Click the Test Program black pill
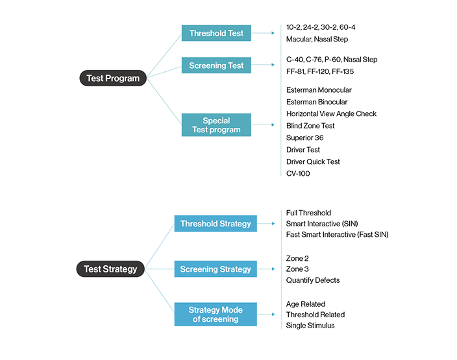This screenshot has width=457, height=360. click(113, 78)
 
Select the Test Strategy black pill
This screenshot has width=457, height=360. click(110, 269)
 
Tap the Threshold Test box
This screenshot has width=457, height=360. click(216, 33)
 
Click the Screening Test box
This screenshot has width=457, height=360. click(216, 66)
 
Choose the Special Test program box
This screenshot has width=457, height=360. click(216, 125)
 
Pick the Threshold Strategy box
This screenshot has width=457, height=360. click(216, 223)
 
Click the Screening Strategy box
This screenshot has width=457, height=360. click(216, 269)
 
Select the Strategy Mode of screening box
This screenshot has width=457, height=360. click(216, 315)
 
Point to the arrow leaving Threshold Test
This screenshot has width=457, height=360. click(263, 33)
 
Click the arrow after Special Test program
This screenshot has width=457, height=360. click(263, 125)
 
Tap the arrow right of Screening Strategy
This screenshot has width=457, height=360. click(266, 269)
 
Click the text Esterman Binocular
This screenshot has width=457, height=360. click(317, 102)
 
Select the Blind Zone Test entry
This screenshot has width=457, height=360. click(310, 126)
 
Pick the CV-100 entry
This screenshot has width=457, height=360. click(298, 174)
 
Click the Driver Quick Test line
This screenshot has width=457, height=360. click(313, 162)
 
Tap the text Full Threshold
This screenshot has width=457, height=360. click(308, 213)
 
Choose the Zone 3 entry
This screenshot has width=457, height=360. click(297, 269)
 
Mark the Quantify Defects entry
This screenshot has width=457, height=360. click(313, 280)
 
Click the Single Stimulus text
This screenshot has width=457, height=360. click(310, 326)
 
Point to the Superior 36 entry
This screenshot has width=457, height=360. click(305, 138)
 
